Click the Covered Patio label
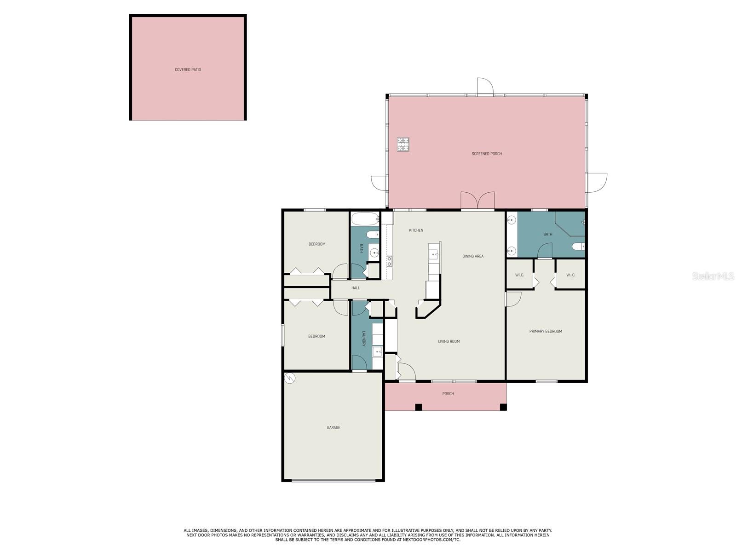click(188, 70)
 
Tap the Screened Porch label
click(487, 154)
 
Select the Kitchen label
click(416, 230)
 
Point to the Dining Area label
click(473, 256)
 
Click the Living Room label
click(448, 341)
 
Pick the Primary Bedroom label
click(546, 332)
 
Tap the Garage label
click(333, 428)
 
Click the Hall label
click(356, 288)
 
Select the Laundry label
click(363, 339)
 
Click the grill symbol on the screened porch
click(403, 144)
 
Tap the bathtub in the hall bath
click(365, 218)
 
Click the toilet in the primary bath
click(578, 247)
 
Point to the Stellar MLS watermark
click(713, 276)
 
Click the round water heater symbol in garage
click(290, 379)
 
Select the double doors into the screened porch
click(477, 200)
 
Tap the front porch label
click(448, 394)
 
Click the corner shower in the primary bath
click(570, 224)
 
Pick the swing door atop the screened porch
click(485, 87)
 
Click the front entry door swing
click(407, 372)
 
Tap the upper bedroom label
click(317, 244)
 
